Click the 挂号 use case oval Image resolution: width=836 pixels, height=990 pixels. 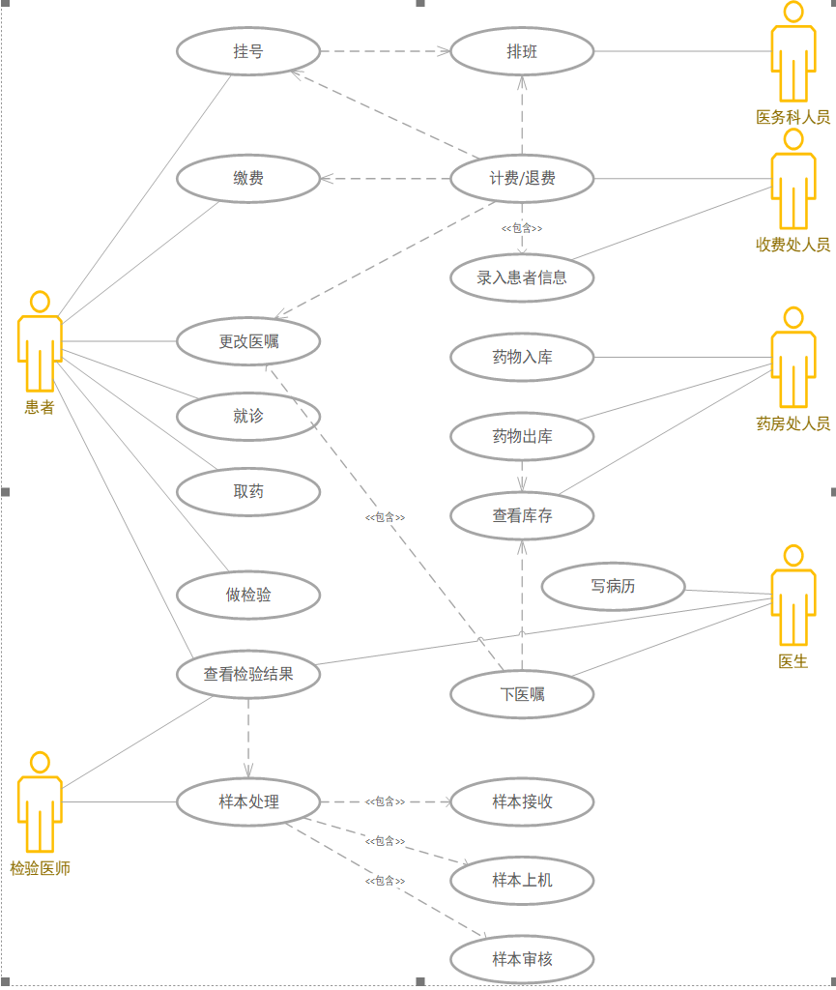pyautogui.click(x=248, y=51)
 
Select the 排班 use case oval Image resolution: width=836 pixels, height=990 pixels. pyautogui.click(x=522, y=51)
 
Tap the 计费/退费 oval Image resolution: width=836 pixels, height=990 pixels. pyautogui.click(x=522, y=178)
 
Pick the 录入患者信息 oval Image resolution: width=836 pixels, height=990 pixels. pyautogui.click(x=522, y=277)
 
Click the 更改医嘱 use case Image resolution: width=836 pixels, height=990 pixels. pyautogui.click(x=248, y=341)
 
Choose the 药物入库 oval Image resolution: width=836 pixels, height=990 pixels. pyautogui.click(x=522, y=357)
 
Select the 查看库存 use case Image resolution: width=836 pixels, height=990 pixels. pyautogui.click(x=522, y=515)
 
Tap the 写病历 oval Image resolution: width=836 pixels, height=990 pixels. pyautogui.click(x=613, y=586)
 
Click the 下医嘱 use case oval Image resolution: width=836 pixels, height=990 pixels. pyautogui.click(x=522, y=693)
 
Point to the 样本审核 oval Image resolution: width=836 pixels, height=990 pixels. pyautogui.click(x=522, y=959)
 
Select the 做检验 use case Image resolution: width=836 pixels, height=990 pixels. pyautogui.click(x=248, y=595)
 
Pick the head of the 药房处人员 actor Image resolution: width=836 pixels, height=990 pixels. pyautogui.click(x=793, y=317)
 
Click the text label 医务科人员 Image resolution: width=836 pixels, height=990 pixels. pyautogui.click(x=793, y=117)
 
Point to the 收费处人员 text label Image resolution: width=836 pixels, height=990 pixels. pyautogui.click(x=793, y=245)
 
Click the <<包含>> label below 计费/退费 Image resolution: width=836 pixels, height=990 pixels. pyautogui.click(x=522, y=228)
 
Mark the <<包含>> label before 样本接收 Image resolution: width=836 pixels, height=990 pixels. pyautogui.click(x=385, y=801)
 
